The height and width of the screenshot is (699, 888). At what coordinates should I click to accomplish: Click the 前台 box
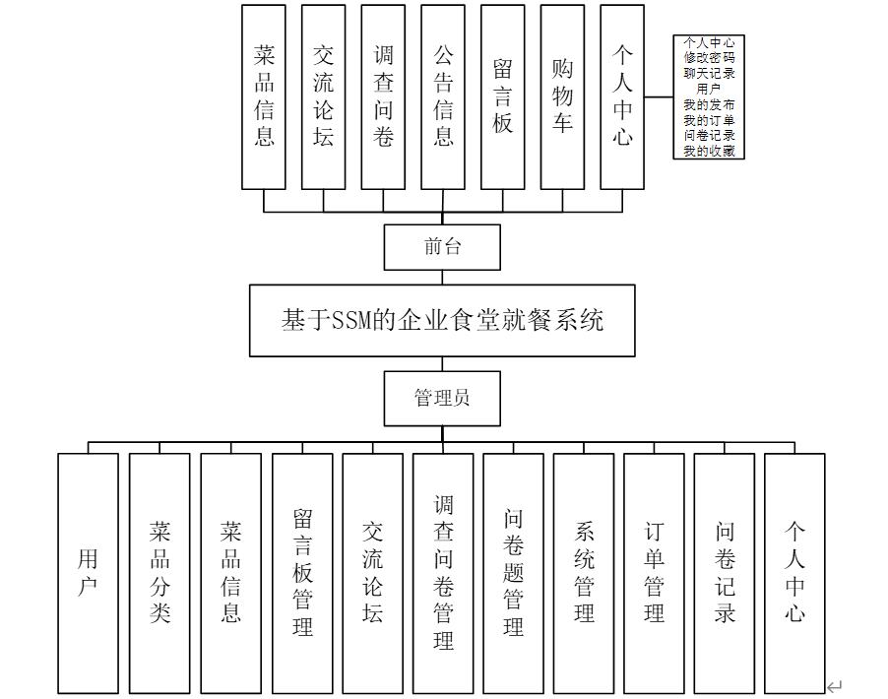coord(442,247)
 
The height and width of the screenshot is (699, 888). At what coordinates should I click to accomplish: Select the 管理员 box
coord(442,398)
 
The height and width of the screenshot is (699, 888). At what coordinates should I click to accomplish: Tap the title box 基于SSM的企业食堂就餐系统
coord(442,321)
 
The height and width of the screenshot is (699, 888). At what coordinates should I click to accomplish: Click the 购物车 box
coord(562,96)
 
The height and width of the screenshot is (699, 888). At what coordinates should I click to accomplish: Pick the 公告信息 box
coord(443,96)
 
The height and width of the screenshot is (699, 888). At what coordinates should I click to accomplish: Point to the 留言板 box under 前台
coord(503,96)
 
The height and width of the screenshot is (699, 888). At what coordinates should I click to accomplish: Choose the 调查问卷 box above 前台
coord(383,96)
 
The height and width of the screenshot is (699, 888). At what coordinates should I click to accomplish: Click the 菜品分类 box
coord(159,573)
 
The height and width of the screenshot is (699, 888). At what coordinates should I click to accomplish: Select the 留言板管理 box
coord(302,573)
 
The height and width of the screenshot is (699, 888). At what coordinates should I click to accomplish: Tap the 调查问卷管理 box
coord(443,573)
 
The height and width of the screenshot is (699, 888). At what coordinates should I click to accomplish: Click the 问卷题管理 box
coord(513,573)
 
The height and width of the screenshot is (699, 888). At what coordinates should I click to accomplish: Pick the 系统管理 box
coord(584,573)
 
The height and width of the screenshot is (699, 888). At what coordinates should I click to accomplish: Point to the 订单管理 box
coord(654,573)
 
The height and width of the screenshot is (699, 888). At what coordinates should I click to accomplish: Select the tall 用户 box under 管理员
coord(88,573)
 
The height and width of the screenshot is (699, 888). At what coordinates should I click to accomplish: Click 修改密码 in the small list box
coord(709,58)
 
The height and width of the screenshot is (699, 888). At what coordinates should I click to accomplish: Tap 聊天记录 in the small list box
coord(709,74)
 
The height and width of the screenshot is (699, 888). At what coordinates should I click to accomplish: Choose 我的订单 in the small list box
coord(709,120)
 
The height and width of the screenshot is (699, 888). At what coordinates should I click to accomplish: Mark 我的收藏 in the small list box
coord(709,151)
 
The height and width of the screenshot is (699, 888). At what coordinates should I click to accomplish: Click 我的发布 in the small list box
coord(709,104)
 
